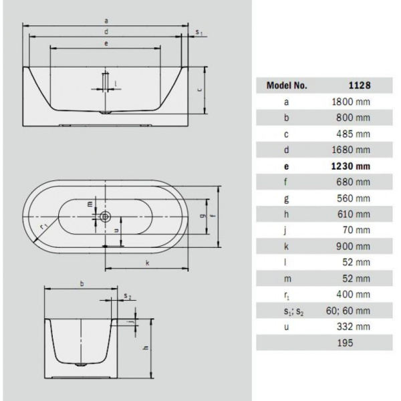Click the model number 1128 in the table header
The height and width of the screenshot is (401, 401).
coord(359,86)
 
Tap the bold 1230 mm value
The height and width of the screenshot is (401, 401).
coord(351,166)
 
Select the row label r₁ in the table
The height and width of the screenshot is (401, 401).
coord(287,295)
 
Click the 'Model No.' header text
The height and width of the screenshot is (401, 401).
coord(287,86)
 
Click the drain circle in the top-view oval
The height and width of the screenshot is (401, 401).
coord(106,217)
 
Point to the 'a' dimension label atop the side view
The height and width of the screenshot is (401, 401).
coord(107,21)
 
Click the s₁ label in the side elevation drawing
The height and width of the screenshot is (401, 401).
coord(198,31)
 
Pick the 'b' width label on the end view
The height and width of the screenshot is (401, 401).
coord(82,284)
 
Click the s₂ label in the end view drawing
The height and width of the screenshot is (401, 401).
coord(128,295)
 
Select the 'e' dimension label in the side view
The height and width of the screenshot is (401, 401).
coord(106,43)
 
